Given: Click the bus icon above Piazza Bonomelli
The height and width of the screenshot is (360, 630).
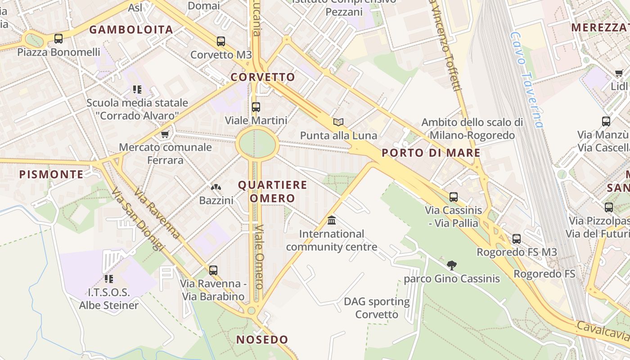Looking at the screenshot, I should click(58, 39).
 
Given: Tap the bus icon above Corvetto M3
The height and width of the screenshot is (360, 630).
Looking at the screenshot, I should click(220, 41).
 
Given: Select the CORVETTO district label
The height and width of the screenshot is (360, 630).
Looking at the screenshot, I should click(263, 77).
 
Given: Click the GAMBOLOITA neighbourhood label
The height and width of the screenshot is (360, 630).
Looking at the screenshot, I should click(131, 30).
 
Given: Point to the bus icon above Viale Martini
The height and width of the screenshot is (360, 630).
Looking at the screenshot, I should click(256, 107).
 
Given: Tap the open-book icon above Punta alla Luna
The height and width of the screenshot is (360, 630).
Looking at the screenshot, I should click(338, 122).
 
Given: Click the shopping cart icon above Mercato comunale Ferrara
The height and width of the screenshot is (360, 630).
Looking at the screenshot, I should click(165, 134).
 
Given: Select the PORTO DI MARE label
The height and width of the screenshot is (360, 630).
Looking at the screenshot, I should click(431, 153).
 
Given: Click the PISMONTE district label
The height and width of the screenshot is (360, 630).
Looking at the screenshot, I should click(51, 174).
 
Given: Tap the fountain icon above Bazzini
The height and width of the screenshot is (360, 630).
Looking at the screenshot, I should click(216, 187).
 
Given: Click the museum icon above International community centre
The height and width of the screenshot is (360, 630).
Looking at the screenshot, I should click(332, 220).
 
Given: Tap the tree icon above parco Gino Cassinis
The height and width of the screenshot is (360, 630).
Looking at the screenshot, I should click(452, 265).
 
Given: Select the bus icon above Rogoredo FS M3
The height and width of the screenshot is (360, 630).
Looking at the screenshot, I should click(517, 238).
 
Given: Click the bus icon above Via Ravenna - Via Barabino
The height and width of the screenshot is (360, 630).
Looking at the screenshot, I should click(213, 270).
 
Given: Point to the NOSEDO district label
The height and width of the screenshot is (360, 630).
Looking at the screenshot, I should click(262, 340).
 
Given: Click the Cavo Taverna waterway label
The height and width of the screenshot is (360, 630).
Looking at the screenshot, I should click(527, 79).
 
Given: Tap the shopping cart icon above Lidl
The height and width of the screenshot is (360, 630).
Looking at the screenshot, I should click(619, 73).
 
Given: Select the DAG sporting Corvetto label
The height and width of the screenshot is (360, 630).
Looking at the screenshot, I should click(377, 308).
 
